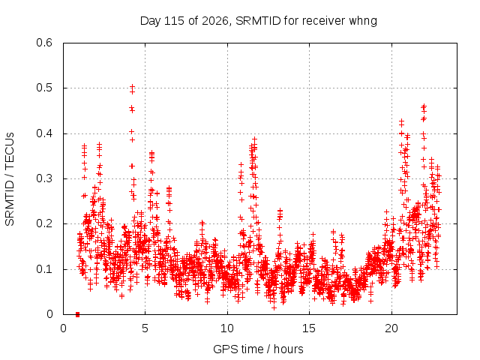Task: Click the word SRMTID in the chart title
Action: pyautogui.click(x=258, y=21)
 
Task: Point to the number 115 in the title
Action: pyautogui.click(x=175, y=21)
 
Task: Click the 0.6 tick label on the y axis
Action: pyautogui.click(x=44, y=43)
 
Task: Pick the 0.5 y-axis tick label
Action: pyautogui.click(x=44, y=88)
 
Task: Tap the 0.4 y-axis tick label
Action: pyautogui.click(x=44, y=133)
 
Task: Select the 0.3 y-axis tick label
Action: pyautogui.click(x=44, y=178)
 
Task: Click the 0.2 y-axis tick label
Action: pyautogui.click(x=44, y=223)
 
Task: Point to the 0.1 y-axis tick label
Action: pyautogui.click(x=44, y=269)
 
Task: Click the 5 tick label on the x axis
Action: pyautogui.click(x=145, y=328)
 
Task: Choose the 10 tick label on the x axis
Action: pyautogui.click(x=227, y=328)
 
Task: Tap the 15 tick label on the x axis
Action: pyautogui.click(x=309, y=328)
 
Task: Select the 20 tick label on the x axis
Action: pyautogui.click(x=391, y=328)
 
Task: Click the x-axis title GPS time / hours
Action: pyautogui.click(x=258, y=349)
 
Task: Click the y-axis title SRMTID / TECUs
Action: pyautogui.click(x=10, y=178)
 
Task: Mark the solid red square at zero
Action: pyautogui.click(x=77, y=314)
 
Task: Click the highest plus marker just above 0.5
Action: pyautogui.click(x=132, y=87)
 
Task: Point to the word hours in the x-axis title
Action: pyautogui.click(x=288, y=349)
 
